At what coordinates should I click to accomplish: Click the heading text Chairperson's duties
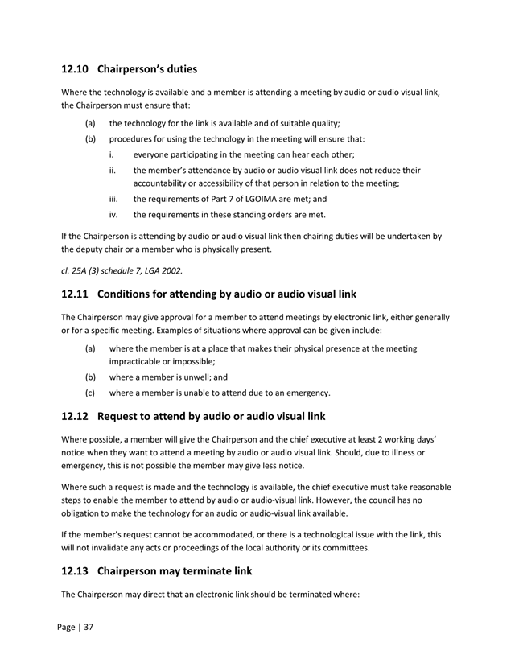(152, 69)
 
